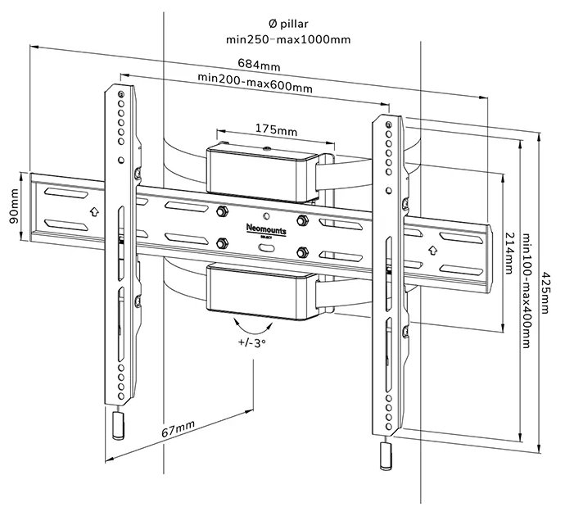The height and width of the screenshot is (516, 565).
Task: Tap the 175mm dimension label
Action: click(x=275, y=129)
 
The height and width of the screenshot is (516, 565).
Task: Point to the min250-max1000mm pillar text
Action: click(x=283, y=38)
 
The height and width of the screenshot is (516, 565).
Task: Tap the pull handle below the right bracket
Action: click(x=384, y=456)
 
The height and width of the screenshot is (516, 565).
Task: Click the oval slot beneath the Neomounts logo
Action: click(x=266, y=244)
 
